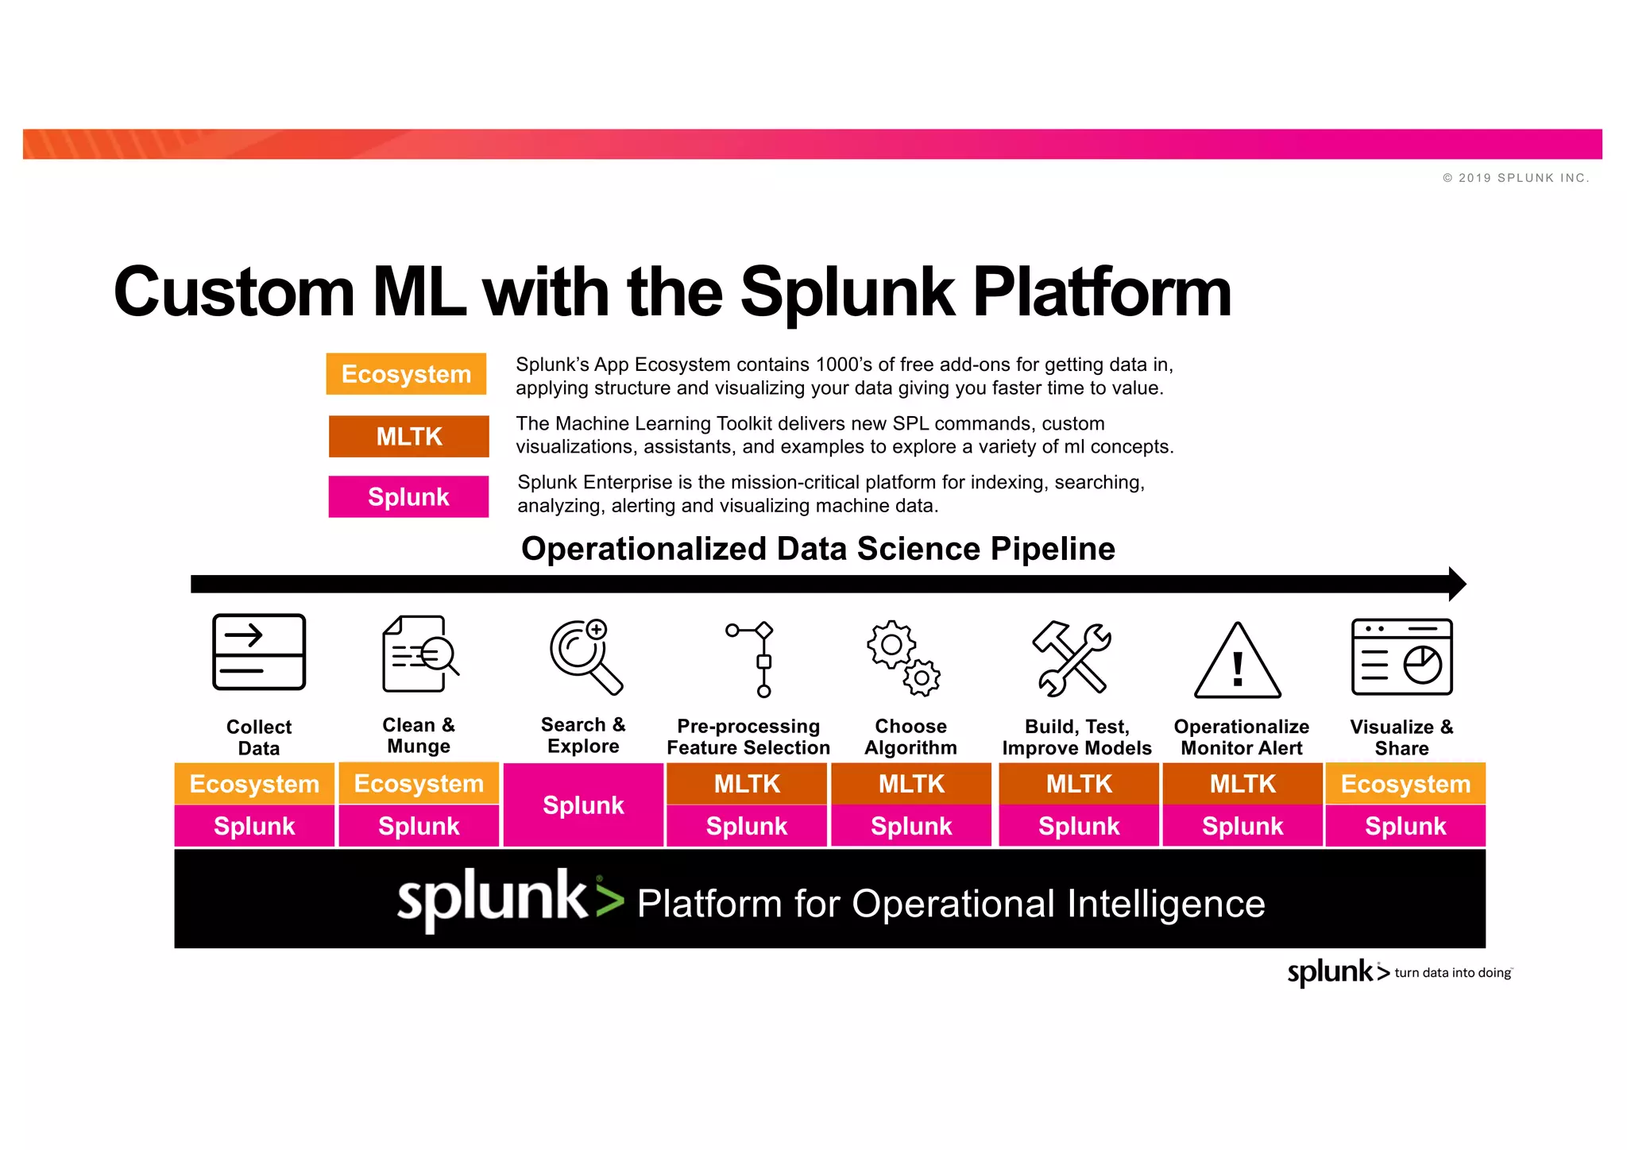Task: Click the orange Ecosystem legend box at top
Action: tap(406, 374)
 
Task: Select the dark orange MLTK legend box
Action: tap(409, 436)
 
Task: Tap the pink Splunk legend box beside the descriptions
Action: tap(408, 496)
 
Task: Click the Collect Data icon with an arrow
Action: tap(259, 652)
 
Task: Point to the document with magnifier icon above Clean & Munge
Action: tap(419, 654)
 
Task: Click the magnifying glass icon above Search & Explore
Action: tap(585, 656)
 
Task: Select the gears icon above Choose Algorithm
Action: tap(904, 658)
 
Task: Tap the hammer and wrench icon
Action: tap(1072, 658)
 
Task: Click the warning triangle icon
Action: tap(1238, 662)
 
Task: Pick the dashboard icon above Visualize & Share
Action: tap(1402, 657)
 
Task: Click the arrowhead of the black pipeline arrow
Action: tap(1457, 585)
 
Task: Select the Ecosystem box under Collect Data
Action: tap(254, 784)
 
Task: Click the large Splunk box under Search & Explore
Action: tap(583, 805)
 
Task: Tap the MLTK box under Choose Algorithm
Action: tap(911, 784)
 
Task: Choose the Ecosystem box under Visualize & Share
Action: tap(1405, 784)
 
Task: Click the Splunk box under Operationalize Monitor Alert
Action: tap(1242, 826)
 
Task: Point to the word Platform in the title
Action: tap(1102, 292)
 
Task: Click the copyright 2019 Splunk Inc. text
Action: tap(1516, 178)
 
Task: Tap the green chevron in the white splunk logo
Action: tap(609, 902)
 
